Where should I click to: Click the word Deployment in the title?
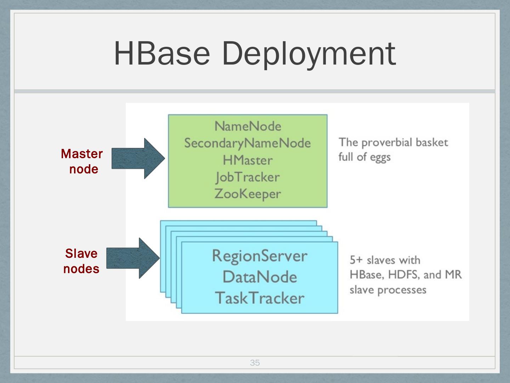coord(308,54)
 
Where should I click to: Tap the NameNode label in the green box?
coord(248,126)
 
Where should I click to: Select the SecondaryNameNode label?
coord(248,143)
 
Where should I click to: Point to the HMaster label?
coord(248,160)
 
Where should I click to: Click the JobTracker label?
coord(248,177)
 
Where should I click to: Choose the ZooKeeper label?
coord(248,194)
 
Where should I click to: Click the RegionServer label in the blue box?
coord(260,256)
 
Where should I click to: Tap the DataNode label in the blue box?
coord(260,277)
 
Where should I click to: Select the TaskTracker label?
coord(260,298)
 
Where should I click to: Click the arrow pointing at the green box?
coord(138,159)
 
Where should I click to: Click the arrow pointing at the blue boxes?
coord(133,258)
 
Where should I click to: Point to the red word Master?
coord(82,154)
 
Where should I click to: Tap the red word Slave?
coord(81,254)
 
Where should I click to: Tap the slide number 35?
coord(255,362)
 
